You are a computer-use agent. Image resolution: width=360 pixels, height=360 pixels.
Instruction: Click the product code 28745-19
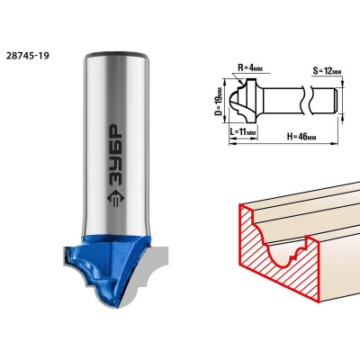[27, 56]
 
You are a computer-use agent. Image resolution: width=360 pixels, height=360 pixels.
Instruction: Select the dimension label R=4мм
[250, 67]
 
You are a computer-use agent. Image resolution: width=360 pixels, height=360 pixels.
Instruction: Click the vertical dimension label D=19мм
[220, 101]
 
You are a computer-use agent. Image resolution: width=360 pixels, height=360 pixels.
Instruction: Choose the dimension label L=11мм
[243, 131]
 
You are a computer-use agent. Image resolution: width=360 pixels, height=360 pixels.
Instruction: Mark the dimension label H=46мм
[301, 137]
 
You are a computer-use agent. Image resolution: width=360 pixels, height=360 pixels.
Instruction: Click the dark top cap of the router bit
[116, 55]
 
